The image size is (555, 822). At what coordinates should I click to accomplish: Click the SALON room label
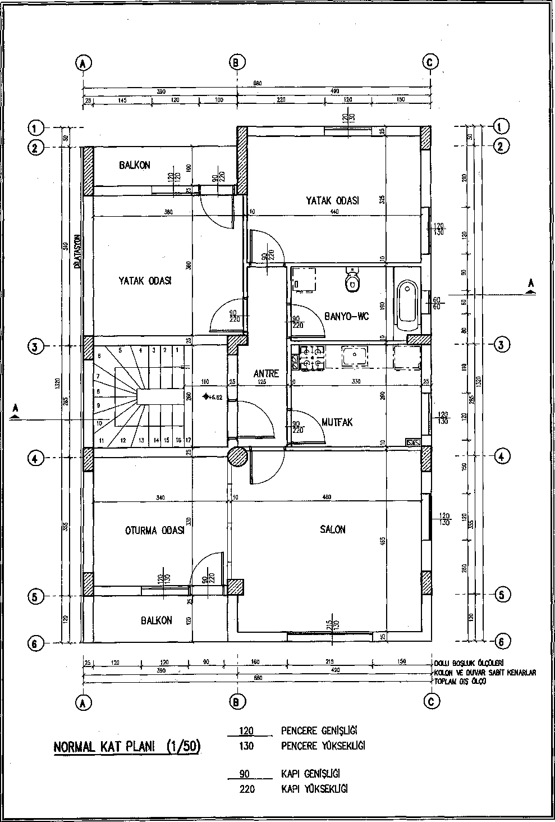click(x=332, y=529)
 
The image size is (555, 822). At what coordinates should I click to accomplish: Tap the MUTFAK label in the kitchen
click(x=337, y=422)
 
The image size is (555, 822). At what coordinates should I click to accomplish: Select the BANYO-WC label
click(x=346, y=317)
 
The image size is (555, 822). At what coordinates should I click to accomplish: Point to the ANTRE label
click(x=266, y=374)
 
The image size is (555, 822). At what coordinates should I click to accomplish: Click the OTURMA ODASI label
click(x=154, y=531)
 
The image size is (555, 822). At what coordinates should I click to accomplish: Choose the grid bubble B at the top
click(x=237, y=62)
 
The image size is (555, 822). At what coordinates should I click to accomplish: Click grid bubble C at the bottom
click(x=432, y=701)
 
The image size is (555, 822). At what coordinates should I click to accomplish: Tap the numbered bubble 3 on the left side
click(x=34, y=346)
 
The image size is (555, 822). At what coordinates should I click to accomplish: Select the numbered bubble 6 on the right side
click(x=501, y=641)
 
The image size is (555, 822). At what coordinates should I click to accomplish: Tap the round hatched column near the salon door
click(x=237, y=456)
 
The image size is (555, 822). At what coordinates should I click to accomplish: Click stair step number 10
click(x=99, y=423)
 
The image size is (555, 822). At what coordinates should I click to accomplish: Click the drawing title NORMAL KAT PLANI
click(x=127, y=747)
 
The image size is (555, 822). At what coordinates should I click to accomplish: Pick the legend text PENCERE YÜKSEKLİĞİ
click(x=323, y=746)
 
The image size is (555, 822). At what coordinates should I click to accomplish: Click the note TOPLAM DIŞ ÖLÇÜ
click(x=460, y=681)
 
